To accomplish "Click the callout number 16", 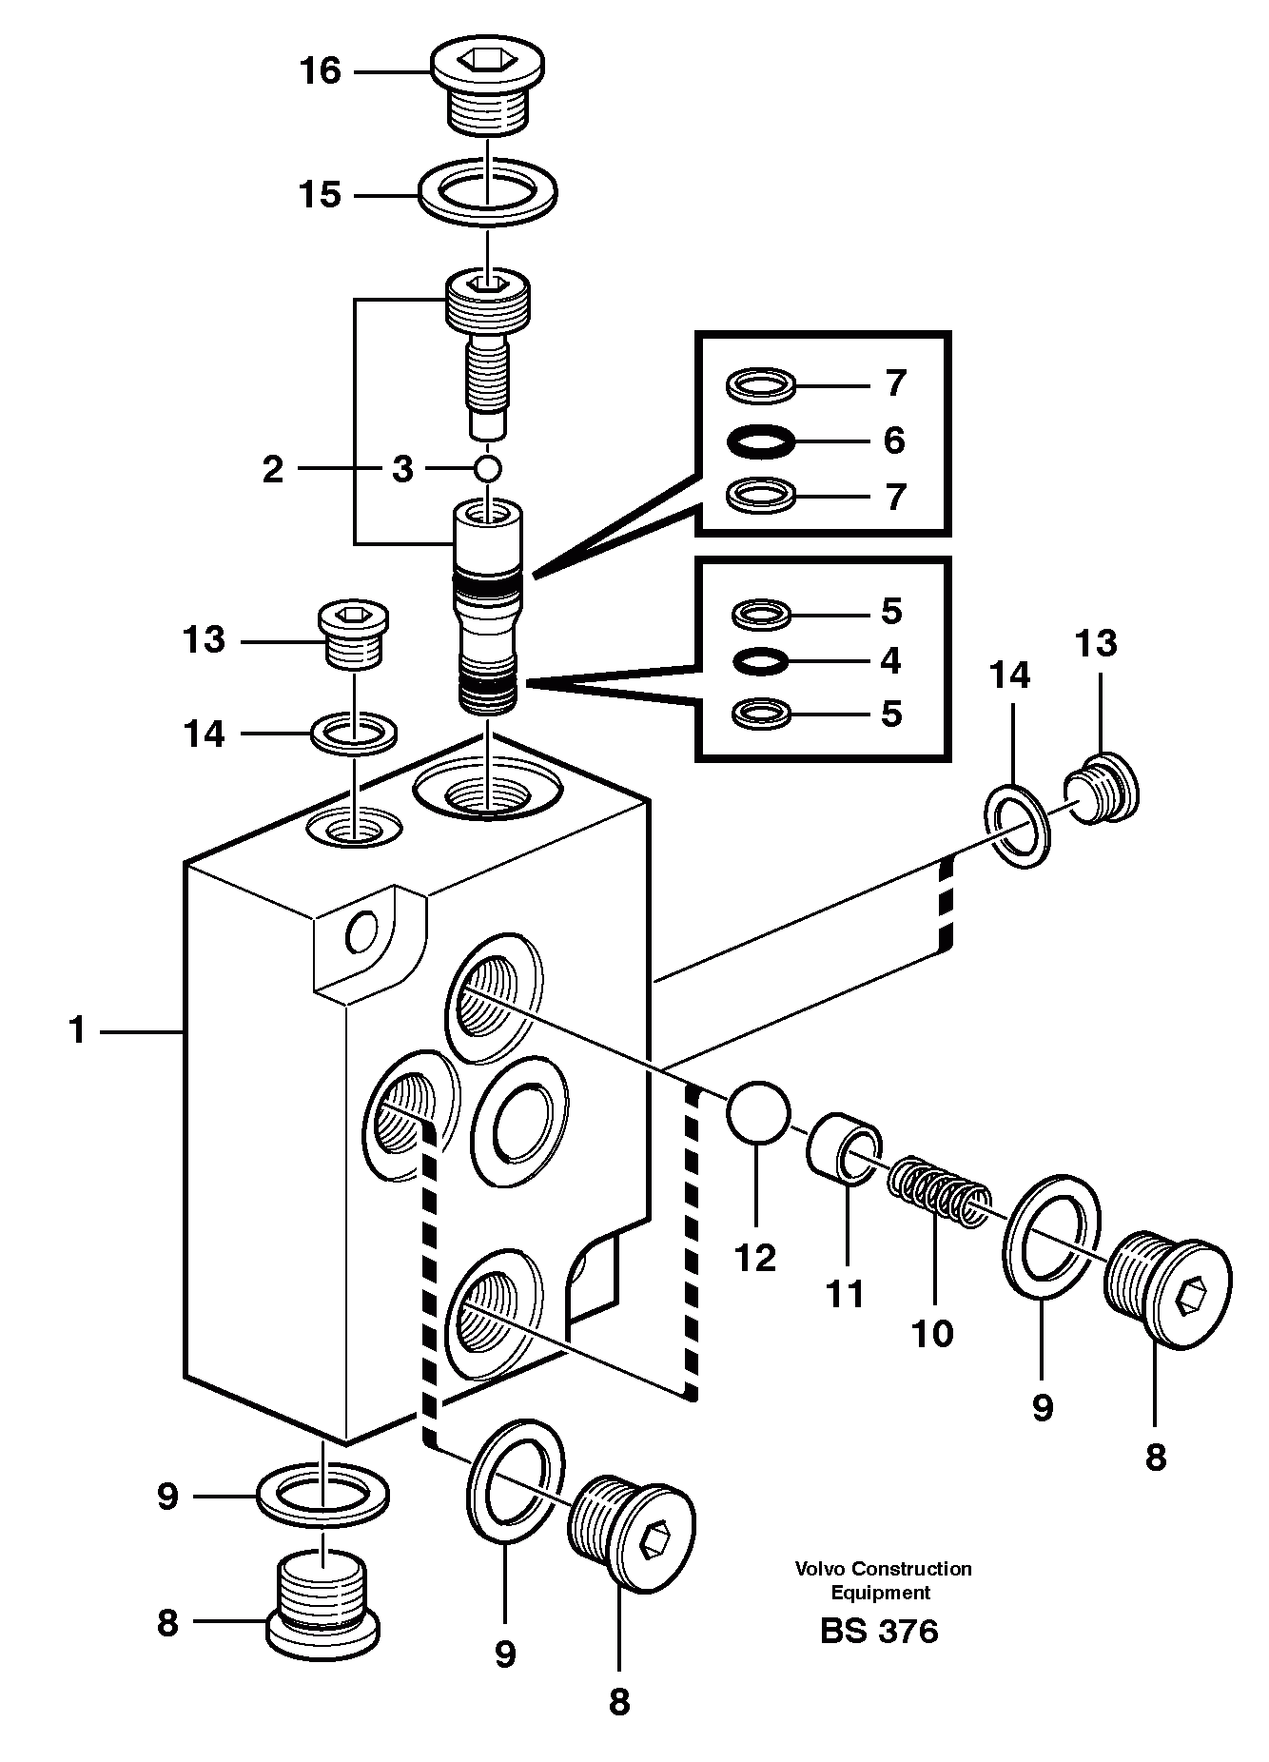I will (x=322, y=71).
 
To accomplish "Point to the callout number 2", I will (x=273, y=469).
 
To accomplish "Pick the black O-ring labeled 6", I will (x=760, y=440).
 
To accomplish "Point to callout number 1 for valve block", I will (x=77, y=1030).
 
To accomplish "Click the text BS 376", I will (x=879, y=1632).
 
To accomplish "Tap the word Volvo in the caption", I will (x=821, y=1569).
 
